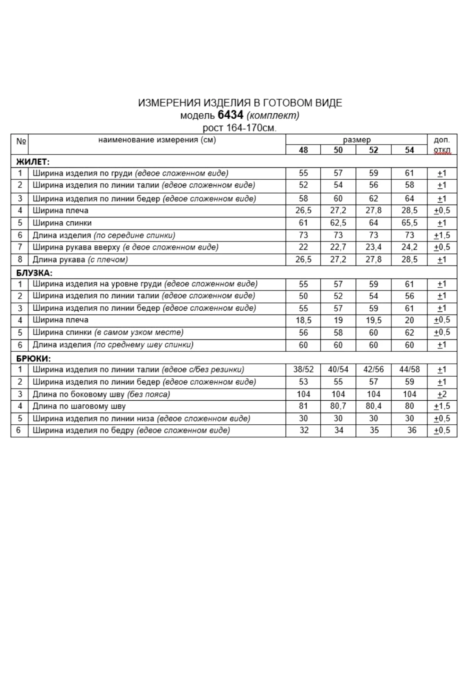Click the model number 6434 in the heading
(230, 115)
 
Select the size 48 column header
(303, 150)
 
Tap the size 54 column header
(410, 150)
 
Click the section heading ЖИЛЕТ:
(33, 162)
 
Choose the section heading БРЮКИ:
(34, 359)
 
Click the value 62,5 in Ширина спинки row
(338, 223)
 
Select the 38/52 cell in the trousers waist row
(303, 369)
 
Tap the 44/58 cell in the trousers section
(410, 369)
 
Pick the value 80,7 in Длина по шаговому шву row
(338, 406)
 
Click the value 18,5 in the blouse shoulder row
(303, 320)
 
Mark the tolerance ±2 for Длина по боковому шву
(442, 394)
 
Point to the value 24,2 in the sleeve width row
(410, 247)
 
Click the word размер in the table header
(357, 140)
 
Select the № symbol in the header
(21, 141)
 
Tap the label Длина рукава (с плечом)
(80, 260)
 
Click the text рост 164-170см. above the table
(240, 128)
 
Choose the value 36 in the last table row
(412, 430)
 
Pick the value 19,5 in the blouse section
(373, 320)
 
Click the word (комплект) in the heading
(273, 115)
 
